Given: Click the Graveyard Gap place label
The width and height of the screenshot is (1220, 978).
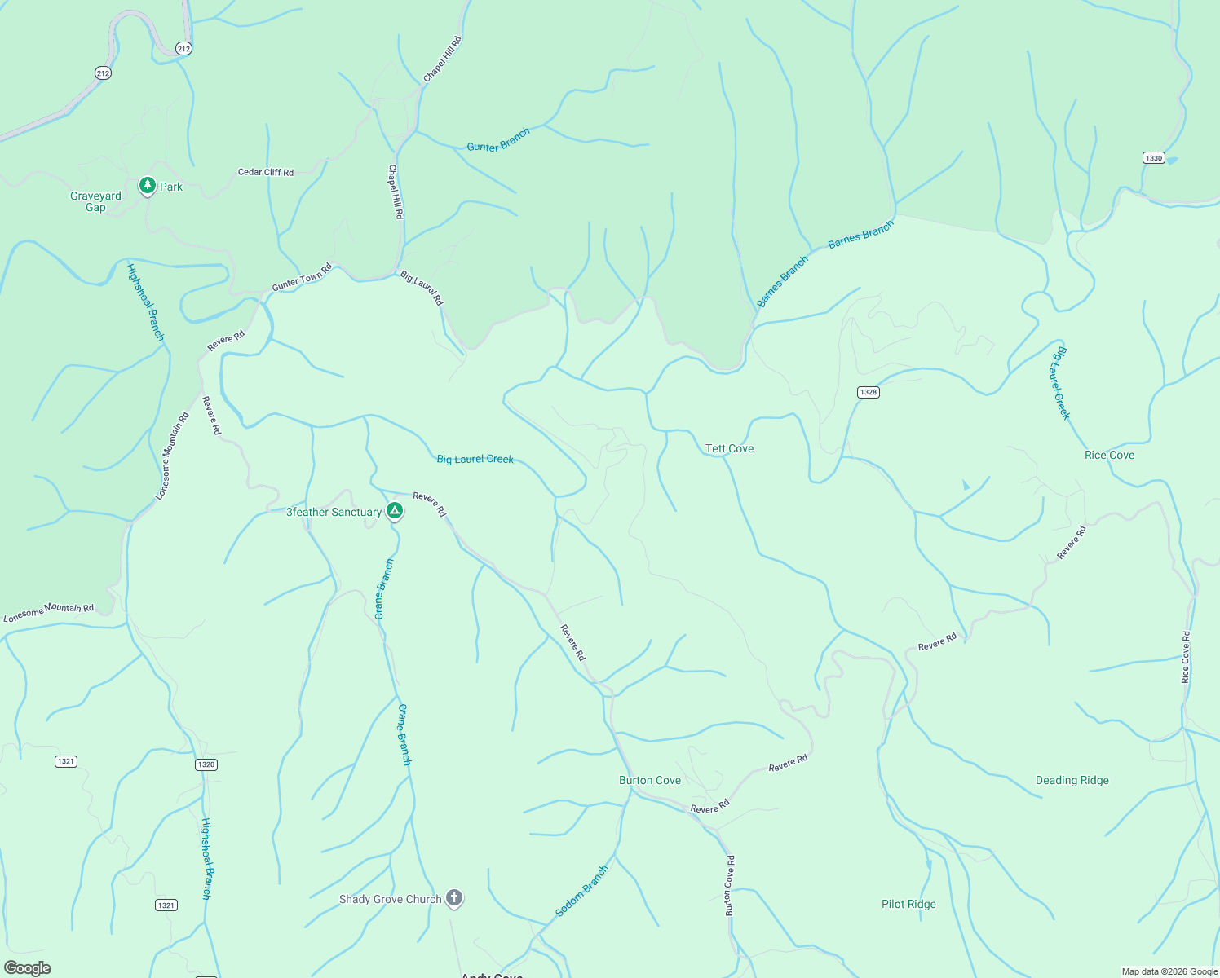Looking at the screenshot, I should (95, 201).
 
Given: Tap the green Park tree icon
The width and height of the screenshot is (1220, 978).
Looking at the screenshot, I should (147, 187).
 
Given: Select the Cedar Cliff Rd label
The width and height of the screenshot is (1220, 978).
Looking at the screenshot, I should (266, 172).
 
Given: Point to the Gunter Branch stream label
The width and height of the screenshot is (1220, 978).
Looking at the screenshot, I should (498, 140).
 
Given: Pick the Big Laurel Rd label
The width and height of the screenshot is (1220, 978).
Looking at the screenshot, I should (422, 289).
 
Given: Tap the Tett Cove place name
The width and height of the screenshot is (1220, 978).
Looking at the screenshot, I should (729, 448).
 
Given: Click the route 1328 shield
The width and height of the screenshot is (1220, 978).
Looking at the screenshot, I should (868, 392).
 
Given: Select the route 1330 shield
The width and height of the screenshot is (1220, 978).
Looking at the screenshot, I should (1153, 158).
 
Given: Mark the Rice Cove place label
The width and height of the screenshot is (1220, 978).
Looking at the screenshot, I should (1109, 455).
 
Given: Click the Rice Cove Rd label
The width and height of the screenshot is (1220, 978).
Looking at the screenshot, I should (1186, 657).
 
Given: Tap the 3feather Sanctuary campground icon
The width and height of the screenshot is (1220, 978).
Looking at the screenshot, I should (395, 511).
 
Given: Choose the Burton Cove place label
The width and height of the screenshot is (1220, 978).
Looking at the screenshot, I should (649, 780).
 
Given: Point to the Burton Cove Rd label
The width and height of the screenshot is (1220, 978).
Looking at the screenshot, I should (730, 885).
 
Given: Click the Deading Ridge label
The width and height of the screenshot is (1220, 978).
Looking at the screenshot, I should (1072, 780).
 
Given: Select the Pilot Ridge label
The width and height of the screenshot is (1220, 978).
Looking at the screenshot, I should (908, 904).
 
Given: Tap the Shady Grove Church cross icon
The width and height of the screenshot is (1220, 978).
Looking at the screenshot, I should (454, 899).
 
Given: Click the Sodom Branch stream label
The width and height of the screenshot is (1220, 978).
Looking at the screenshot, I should (582, 891).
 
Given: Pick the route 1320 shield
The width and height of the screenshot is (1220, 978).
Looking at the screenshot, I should (206, 764).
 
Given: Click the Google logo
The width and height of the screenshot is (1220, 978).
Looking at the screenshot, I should (27, 967).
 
